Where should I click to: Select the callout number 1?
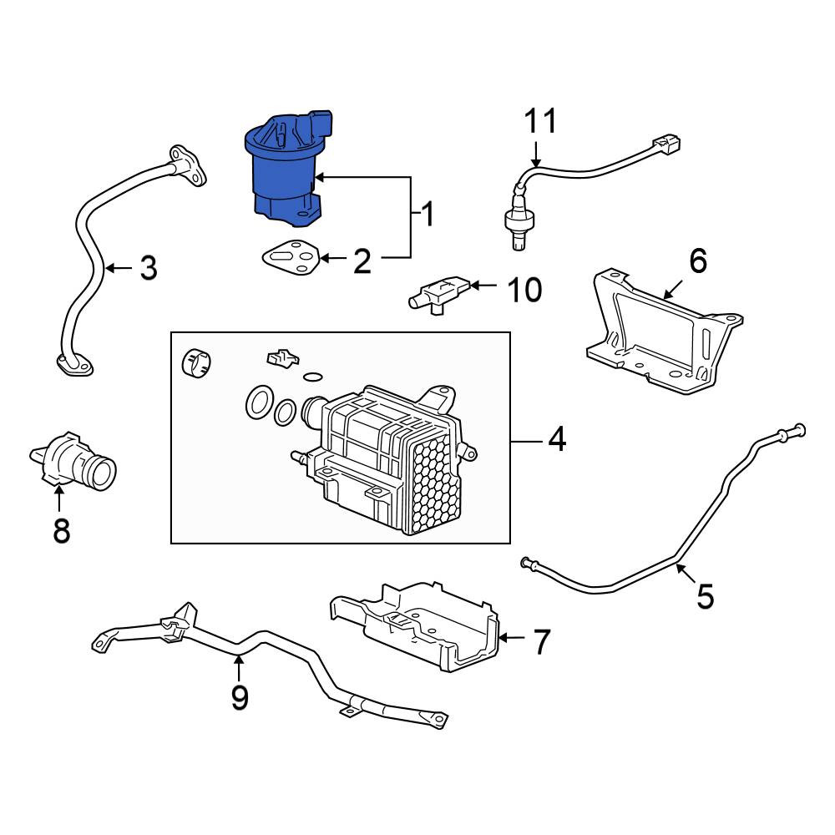[428, 214]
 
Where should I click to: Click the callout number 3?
[149, 268]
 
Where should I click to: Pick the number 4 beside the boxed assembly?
[557, 440]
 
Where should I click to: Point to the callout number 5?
[705, 596]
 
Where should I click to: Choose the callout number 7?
[541, 641]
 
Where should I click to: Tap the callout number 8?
[62, 530]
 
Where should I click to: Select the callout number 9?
[240, 697]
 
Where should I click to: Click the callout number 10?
[525, 290]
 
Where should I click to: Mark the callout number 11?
[541, 121]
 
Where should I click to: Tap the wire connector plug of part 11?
[666, 144]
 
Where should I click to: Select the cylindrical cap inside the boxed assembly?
[196, 362]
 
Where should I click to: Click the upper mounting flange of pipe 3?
[187, 166]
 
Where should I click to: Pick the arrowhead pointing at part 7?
[504, 637]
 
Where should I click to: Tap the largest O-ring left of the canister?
[260, 402]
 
